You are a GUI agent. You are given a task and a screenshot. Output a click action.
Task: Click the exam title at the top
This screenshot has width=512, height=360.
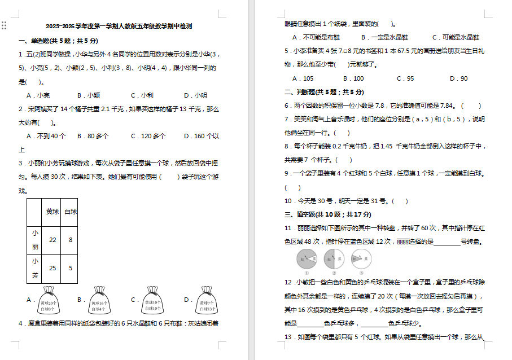119,26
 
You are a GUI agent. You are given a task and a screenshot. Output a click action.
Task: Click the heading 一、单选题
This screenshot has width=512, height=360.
58,41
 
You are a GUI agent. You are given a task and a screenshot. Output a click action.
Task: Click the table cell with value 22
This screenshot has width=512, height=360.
52,240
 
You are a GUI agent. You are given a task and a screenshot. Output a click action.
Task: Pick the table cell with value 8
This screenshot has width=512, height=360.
71,240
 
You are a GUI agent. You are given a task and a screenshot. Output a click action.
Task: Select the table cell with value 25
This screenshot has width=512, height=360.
52,268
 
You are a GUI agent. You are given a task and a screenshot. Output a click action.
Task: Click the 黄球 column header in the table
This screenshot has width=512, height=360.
52,212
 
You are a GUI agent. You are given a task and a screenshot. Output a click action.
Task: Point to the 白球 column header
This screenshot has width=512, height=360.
71,212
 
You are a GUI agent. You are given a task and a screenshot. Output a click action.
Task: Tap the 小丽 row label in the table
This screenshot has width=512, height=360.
36,240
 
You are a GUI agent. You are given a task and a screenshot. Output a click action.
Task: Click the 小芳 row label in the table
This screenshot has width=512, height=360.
36,268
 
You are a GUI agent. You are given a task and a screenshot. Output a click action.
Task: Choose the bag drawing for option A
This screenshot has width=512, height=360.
48,300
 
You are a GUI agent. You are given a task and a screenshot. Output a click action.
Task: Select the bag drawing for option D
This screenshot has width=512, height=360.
208,300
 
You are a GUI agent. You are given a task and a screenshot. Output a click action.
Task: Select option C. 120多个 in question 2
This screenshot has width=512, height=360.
148,136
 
